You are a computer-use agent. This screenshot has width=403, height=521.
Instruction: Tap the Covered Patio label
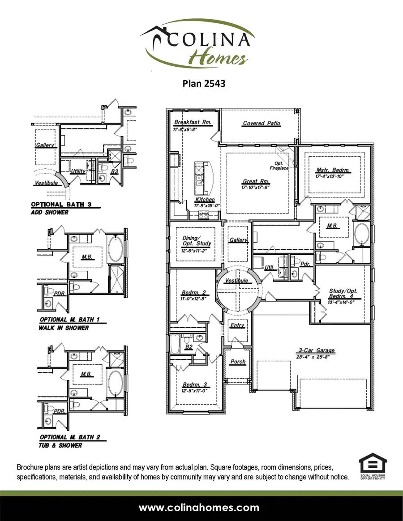262,123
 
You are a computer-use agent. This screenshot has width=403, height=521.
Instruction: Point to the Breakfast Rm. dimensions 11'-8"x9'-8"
192,129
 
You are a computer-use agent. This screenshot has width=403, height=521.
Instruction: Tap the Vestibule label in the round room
236,281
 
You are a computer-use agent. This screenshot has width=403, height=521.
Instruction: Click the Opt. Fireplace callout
279,166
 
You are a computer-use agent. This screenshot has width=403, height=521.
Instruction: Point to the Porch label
238,362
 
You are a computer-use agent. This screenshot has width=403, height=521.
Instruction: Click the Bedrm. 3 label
194,384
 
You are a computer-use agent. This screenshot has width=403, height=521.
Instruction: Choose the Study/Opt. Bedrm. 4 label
343,293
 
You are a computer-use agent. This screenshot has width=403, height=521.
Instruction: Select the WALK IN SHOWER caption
64,328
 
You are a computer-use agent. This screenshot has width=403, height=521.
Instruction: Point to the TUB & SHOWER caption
61,445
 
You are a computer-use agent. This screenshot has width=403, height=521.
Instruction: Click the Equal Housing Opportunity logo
373,467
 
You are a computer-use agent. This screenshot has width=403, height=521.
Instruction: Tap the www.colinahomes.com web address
199,508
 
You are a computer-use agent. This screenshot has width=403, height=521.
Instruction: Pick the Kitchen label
205,200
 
